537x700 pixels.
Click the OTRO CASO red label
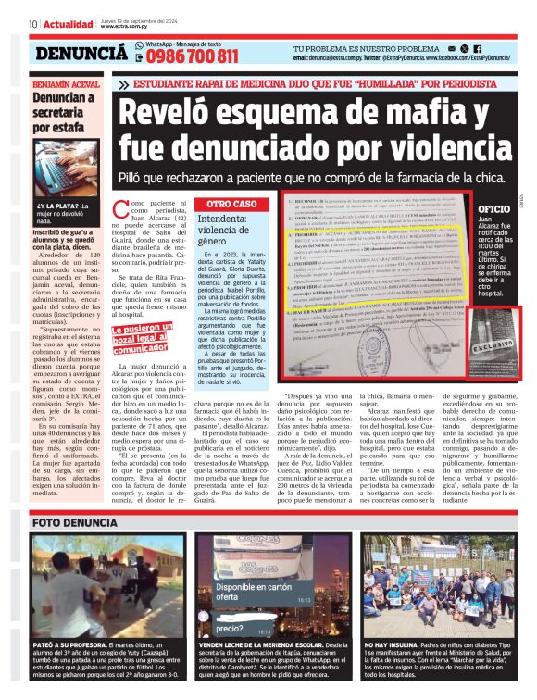231,203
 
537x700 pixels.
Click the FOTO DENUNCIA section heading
73,522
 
